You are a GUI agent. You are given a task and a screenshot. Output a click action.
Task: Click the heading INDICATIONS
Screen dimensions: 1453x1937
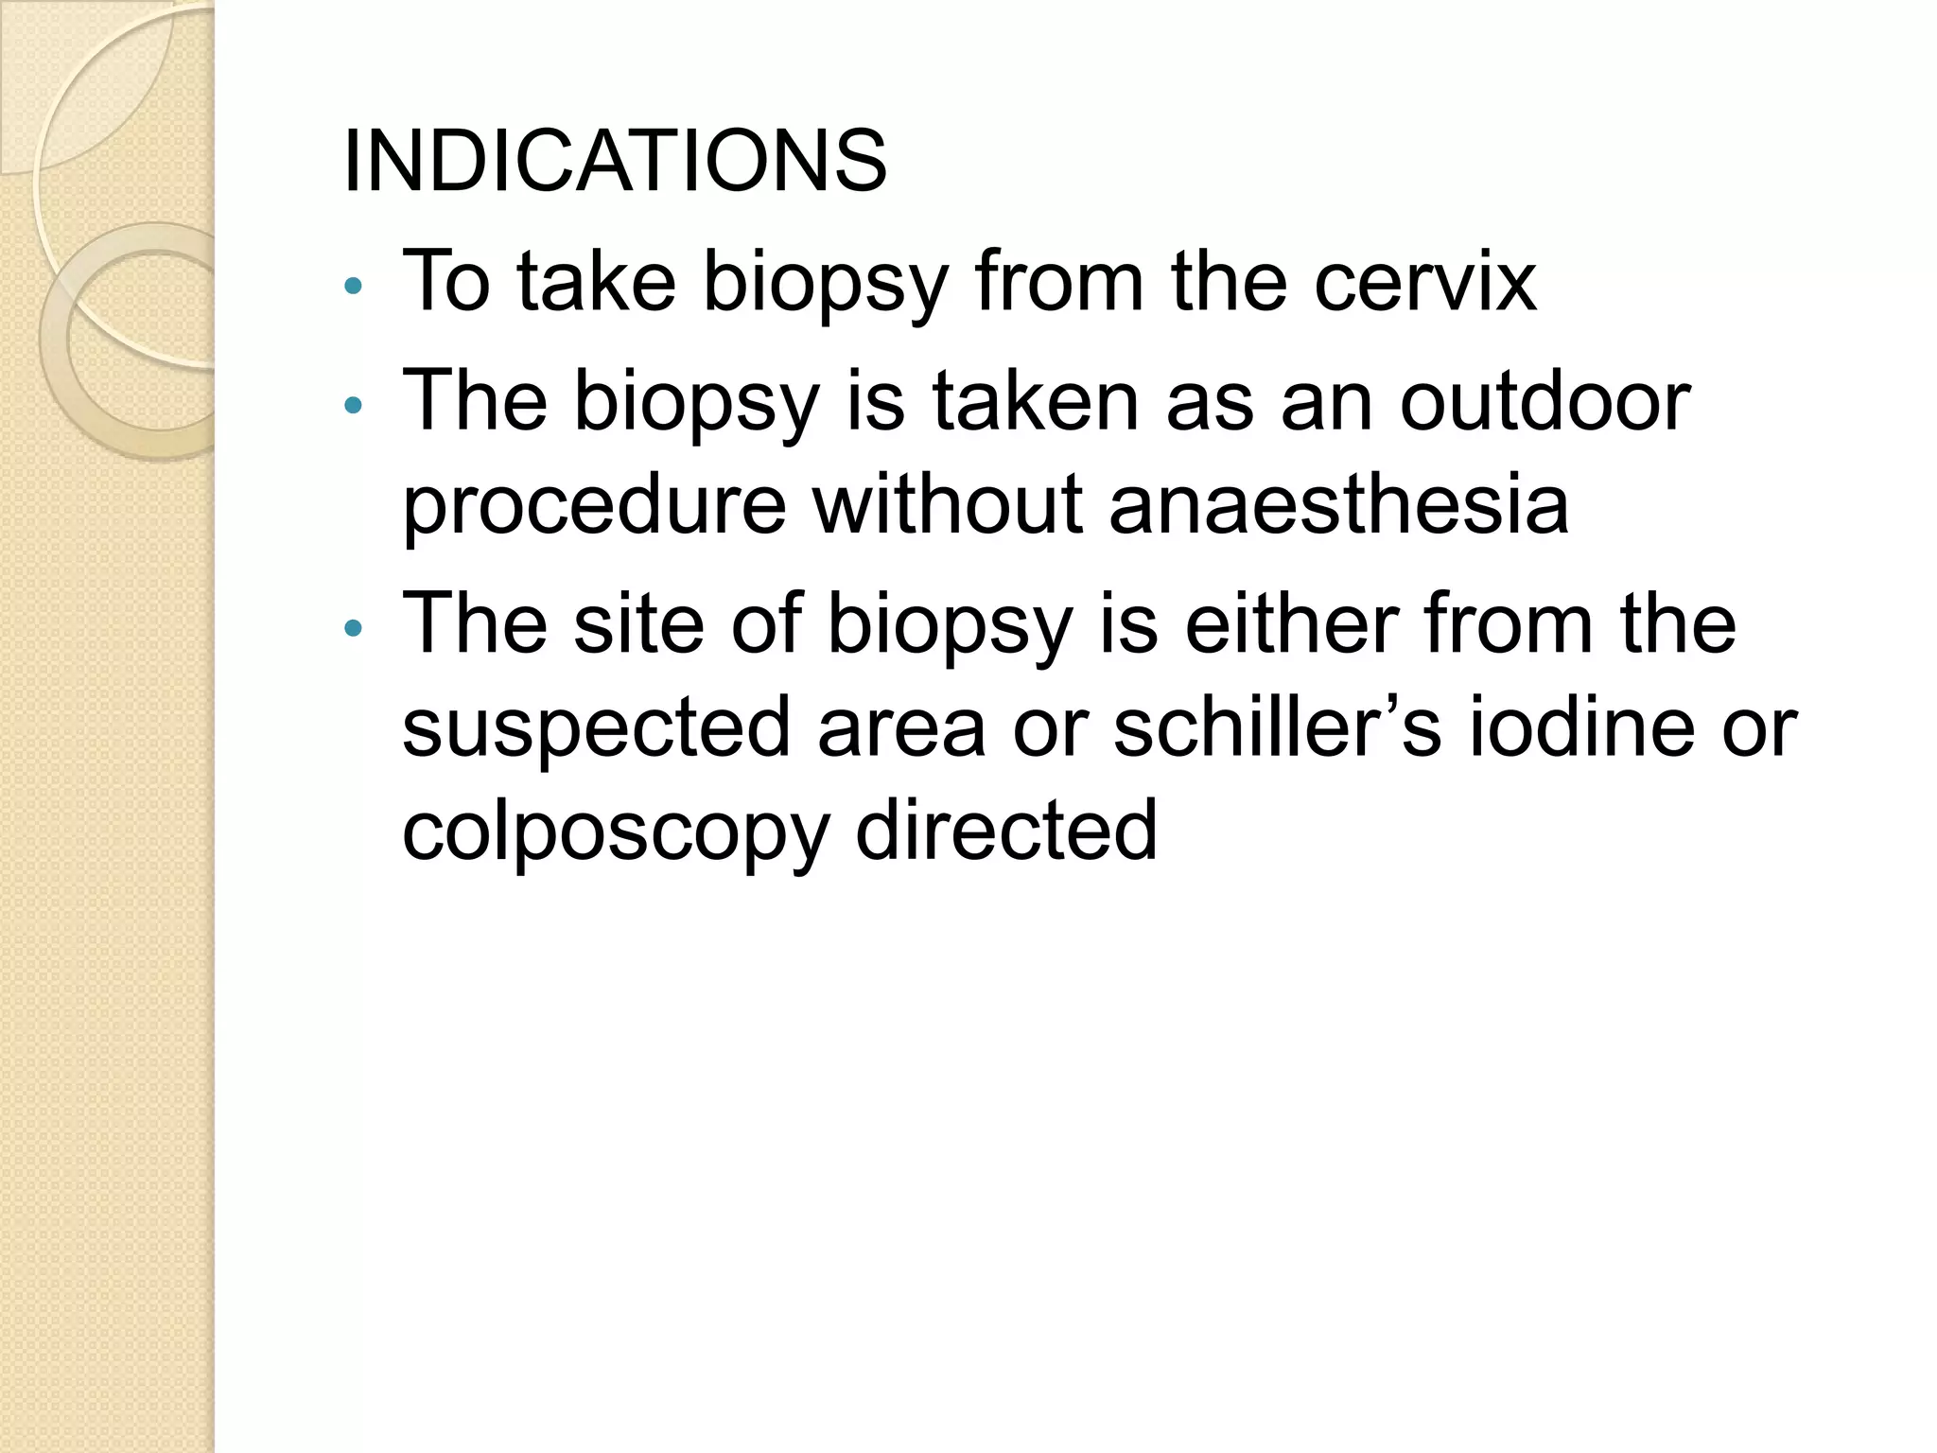tap(615, 161)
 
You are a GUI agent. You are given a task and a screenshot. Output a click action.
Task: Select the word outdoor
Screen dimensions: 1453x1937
tap(1544, 401)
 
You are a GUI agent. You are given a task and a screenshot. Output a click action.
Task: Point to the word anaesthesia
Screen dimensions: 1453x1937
tap(1338, 503)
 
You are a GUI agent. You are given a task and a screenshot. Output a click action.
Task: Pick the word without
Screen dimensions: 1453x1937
tap(947, 503)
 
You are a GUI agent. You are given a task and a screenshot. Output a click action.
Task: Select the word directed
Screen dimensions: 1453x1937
tap(1006, 830)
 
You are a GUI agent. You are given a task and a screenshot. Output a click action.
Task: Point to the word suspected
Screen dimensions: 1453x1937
tap(596, 728)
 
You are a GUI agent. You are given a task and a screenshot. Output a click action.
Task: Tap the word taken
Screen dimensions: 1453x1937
tap(1036, 401)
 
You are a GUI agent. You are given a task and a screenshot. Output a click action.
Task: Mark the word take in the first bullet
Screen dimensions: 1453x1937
tap(597, 281)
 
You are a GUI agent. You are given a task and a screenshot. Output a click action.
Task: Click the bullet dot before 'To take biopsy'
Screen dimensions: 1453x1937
tap(353, 287)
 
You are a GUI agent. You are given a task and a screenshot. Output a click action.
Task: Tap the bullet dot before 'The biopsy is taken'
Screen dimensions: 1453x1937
tap(353, 407)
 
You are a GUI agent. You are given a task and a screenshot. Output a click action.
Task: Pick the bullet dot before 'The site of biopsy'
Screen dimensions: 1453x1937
tap(353, 628)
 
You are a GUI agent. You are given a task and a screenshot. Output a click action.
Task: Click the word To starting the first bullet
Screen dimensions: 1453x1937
tap(446, 281)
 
